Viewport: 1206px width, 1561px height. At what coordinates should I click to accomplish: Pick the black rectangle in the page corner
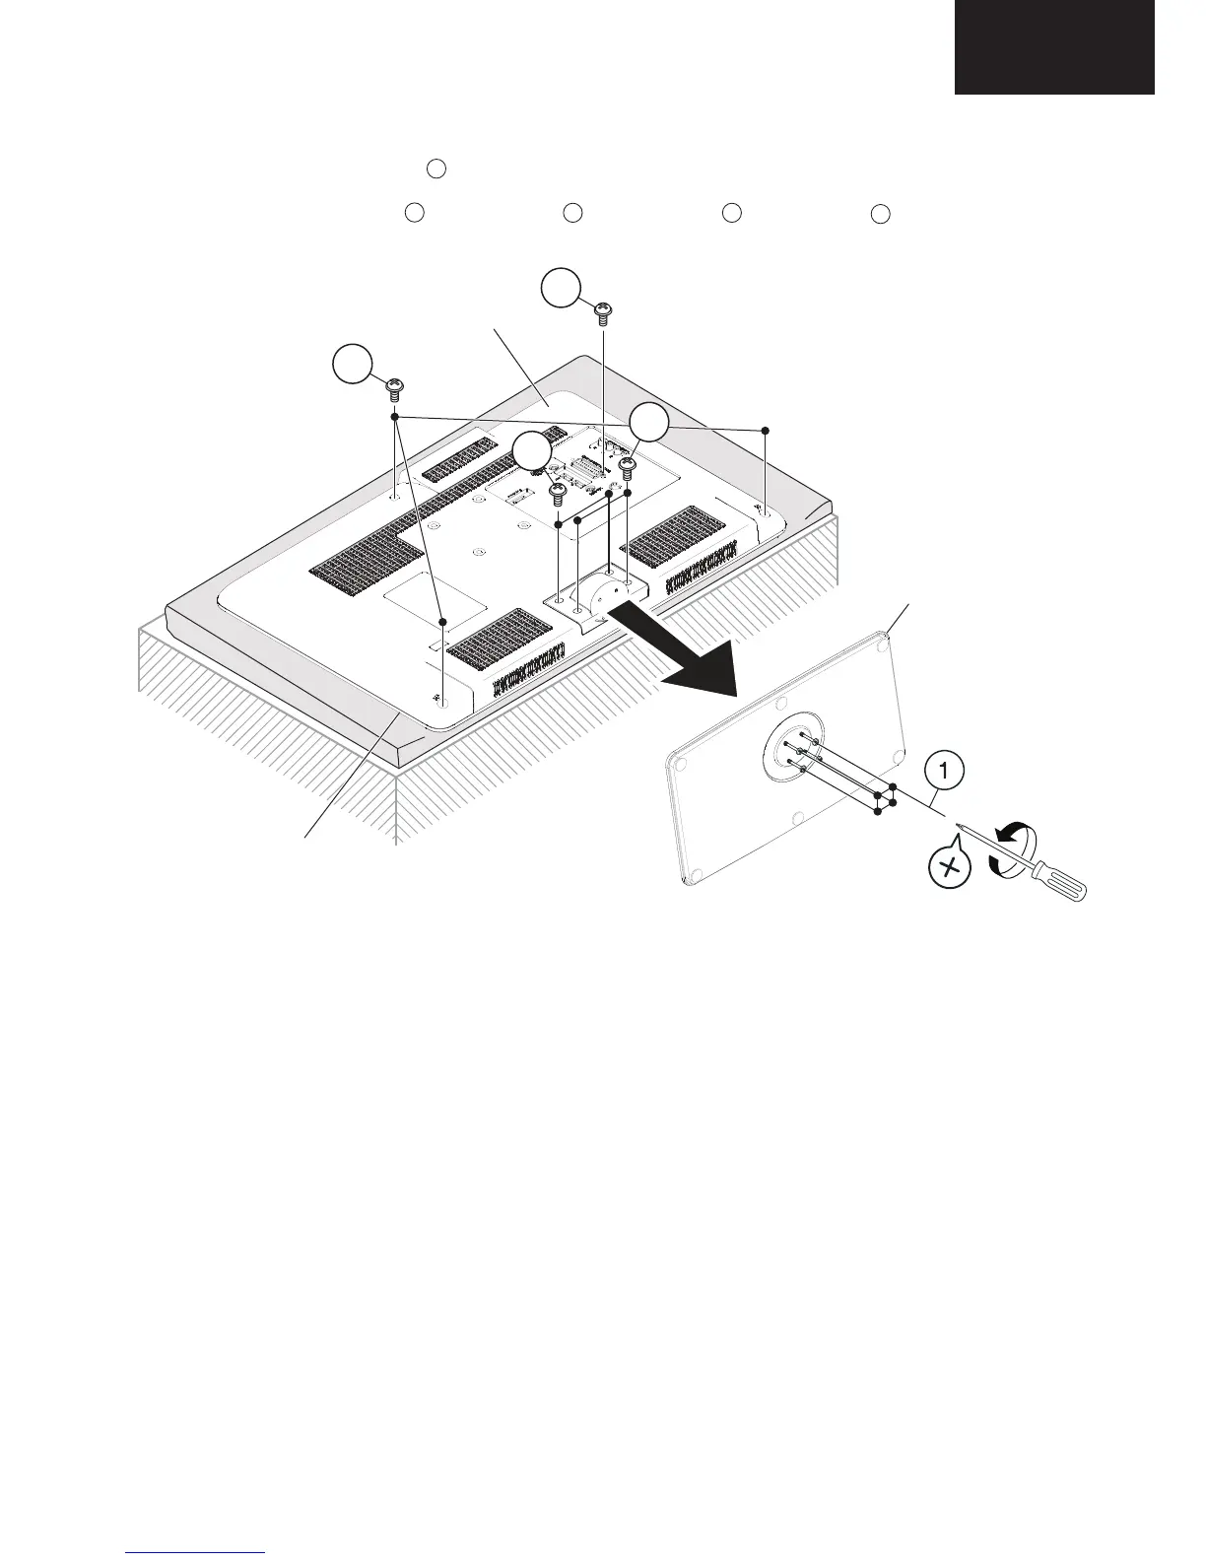[x=1053, y=47]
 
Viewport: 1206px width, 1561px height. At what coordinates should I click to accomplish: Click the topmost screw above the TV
[x=603, y=314]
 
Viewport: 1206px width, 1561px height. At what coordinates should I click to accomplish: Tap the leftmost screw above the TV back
[x=394, y=387]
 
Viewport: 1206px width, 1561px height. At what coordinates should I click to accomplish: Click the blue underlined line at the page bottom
[x=197, y=1553]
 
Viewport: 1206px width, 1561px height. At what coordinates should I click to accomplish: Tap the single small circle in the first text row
[x=438, y=169]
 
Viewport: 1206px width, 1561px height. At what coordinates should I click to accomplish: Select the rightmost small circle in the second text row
[x=881, y=214]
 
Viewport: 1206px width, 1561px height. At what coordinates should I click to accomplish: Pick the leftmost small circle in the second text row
[x=415, y=212]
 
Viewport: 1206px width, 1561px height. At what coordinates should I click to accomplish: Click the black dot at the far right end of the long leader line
[x=766, y=431]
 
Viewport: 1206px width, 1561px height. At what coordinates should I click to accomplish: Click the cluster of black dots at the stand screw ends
[x=884, y=799]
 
